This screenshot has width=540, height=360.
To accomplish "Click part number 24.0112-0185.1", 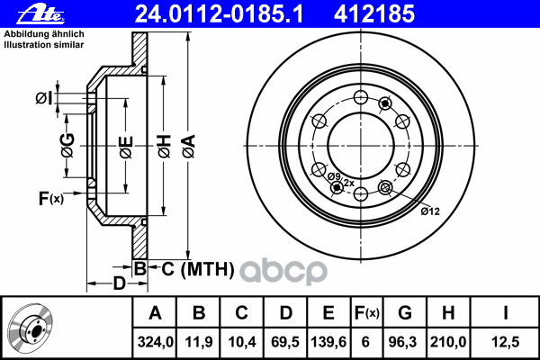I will (192, 14).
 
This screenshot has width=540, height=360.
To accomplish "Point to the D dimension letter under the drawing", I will (119, 284).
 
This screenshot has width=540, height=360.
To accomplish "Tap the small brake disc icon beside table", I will (32, 328).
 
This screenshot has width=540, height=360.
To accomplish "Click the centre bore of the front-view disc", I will (355, 141).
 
